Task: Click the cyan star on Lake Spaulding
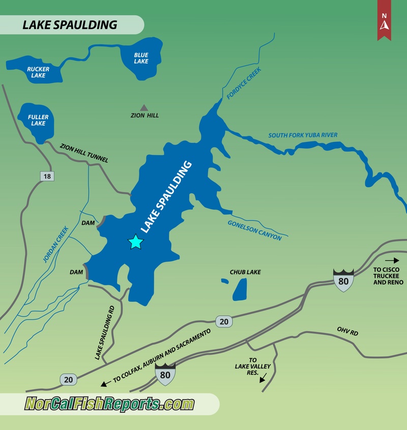[135, 242]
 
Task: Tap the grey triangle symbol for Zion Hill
[144, 107]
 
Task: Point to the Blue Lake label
[141, 58]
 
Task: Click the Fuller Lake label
[38, 120]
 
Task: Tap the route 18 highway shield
[47, 176]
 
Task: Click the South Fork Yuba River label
[303, 135]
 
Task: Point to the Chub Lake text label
[245, 272]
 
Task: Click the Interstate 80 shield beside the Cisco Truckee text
[343, 279]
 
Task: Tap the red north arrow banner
[384, 20]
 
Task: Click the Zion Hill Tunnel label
[84, 153]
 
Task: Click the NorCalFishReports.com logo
[110, 404]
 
